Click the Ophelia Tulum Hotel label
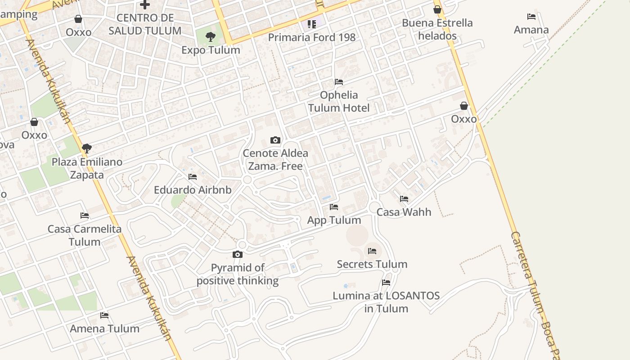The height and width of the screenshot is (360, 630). tap(339, 101)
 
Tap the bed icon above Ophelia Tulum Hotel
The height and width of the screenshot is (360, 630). tap(339, 82)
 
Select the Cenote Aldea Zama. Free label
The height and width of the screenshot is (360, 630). tap(275, 159)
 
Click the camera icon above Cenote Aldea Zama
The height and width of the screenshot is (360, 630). tap(275, 140)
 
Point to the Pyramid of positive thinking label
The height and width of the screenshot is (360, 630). tap(238, 274)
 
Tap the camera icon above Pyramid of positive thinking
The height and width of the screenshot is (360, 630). tap(238, 255)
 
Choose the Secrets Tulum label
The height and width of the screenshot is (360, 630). tap(372, 264)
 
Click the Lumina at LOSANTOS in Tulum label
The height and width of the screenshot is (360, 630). tap(386, 302)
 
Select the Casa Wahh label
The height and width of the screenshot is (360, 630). tap(404, 212)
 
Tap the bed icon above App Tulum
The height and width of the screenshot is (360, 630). tap(334, 207)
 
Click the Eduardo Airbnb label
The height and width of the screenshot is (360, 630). tap(193, 190)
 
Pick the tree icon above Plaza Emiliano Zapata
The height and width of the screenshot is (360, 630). tap(87, 148)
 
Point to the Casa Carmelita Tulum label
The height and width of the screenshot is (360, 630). tap(85, 235)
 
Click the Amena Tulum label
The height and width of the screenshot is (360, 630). tap(105, 328)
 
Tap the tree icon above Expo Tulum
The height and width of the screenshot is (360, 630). tap(211, 37)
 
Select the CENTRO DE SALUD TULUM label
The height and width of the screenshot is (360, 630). tap(145, 24)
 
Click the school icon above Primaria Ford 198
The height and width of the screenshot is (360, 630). tap(312, 24)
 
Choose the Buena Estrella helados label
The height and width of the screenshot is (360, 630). tap(437, 29)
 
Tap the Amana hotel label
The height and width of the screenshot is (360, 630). tap(531, 30)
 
